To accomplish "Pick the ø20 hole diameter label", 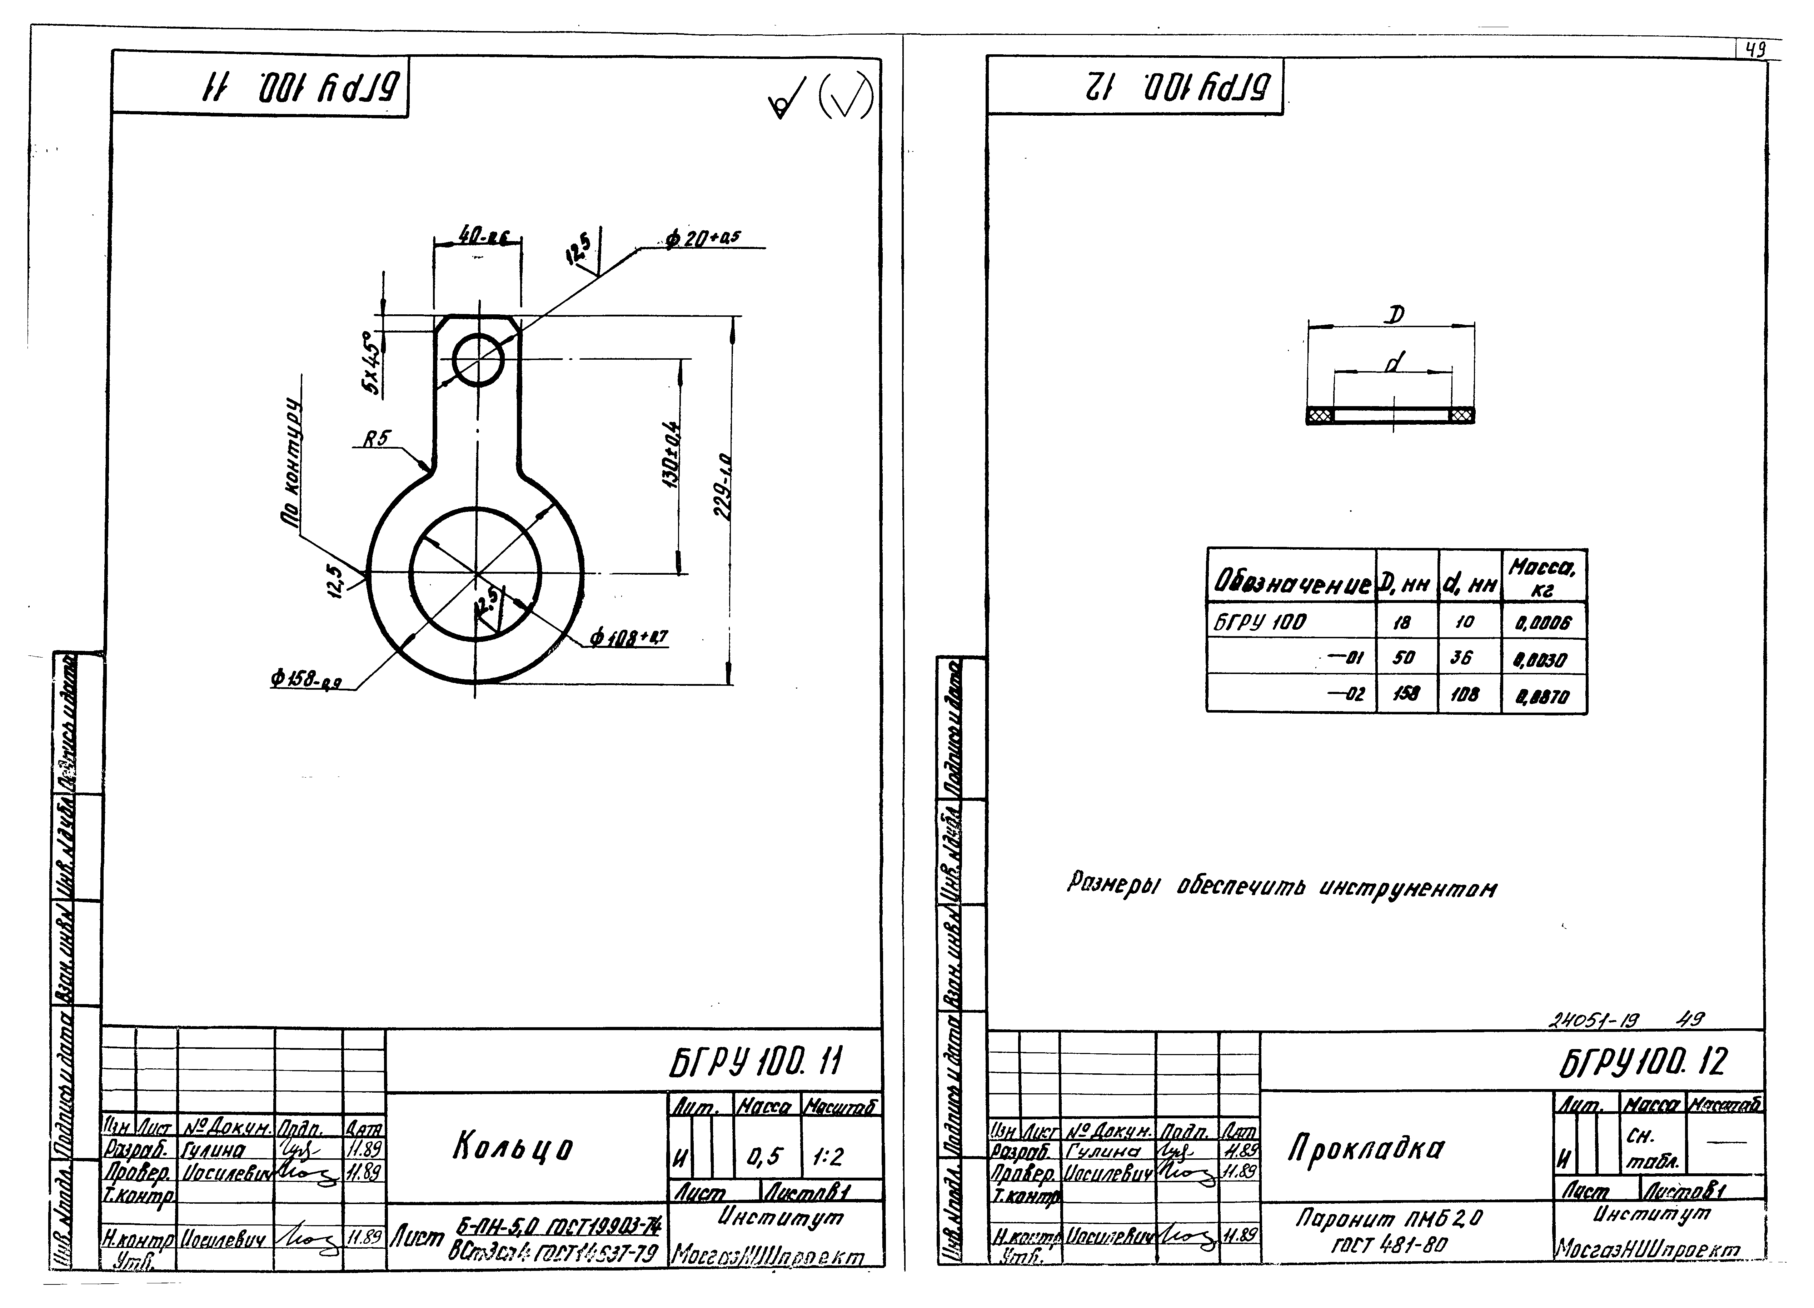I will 702,238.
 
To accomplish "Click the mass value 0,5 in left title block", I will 764,1157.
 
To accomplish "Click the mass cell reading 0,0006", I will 1543,622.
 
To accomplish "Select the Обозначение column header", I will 1291,584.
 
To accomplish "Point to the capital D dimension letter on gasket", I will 1394,315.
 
